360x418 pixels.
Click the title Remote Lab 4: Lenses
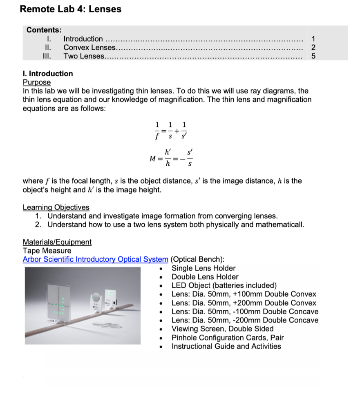pos(70,9)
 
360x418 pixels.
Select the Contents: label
pos(44,30)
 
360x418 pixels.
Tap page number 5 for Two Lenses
pos(313,56)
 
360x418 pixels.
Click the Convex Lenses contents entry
pos(89,47)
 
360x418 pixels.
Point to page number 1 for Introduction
pos(313,39)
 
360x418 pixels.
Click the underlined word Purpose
pos(36,82)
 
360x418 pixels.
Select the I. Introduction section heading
pos(48,73)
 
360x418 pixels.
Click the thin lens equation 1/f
pos(157,131)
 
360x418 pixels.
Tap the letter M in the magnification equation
pos(152,159)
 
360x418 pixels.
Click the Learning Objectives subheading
pos(56,207)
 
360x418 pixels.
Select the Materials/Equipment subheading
pos(57,242)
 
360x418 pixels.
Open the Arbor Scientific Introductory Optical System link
pos(95,259)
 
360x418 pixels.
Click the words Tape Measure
pos(47,251)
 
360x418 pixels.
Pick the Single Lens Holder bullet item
pos(203,268)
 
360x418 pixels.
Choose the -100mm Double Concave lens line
pos(245,311)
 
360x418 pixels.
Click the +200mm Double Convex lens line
pos(244,303)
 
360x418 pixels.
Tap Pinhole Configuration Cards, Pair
pos(228,338)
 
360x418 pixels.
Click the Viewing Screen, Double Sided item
pos(223,329)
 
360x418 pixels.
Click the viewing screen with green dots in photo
pos(59,303)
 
